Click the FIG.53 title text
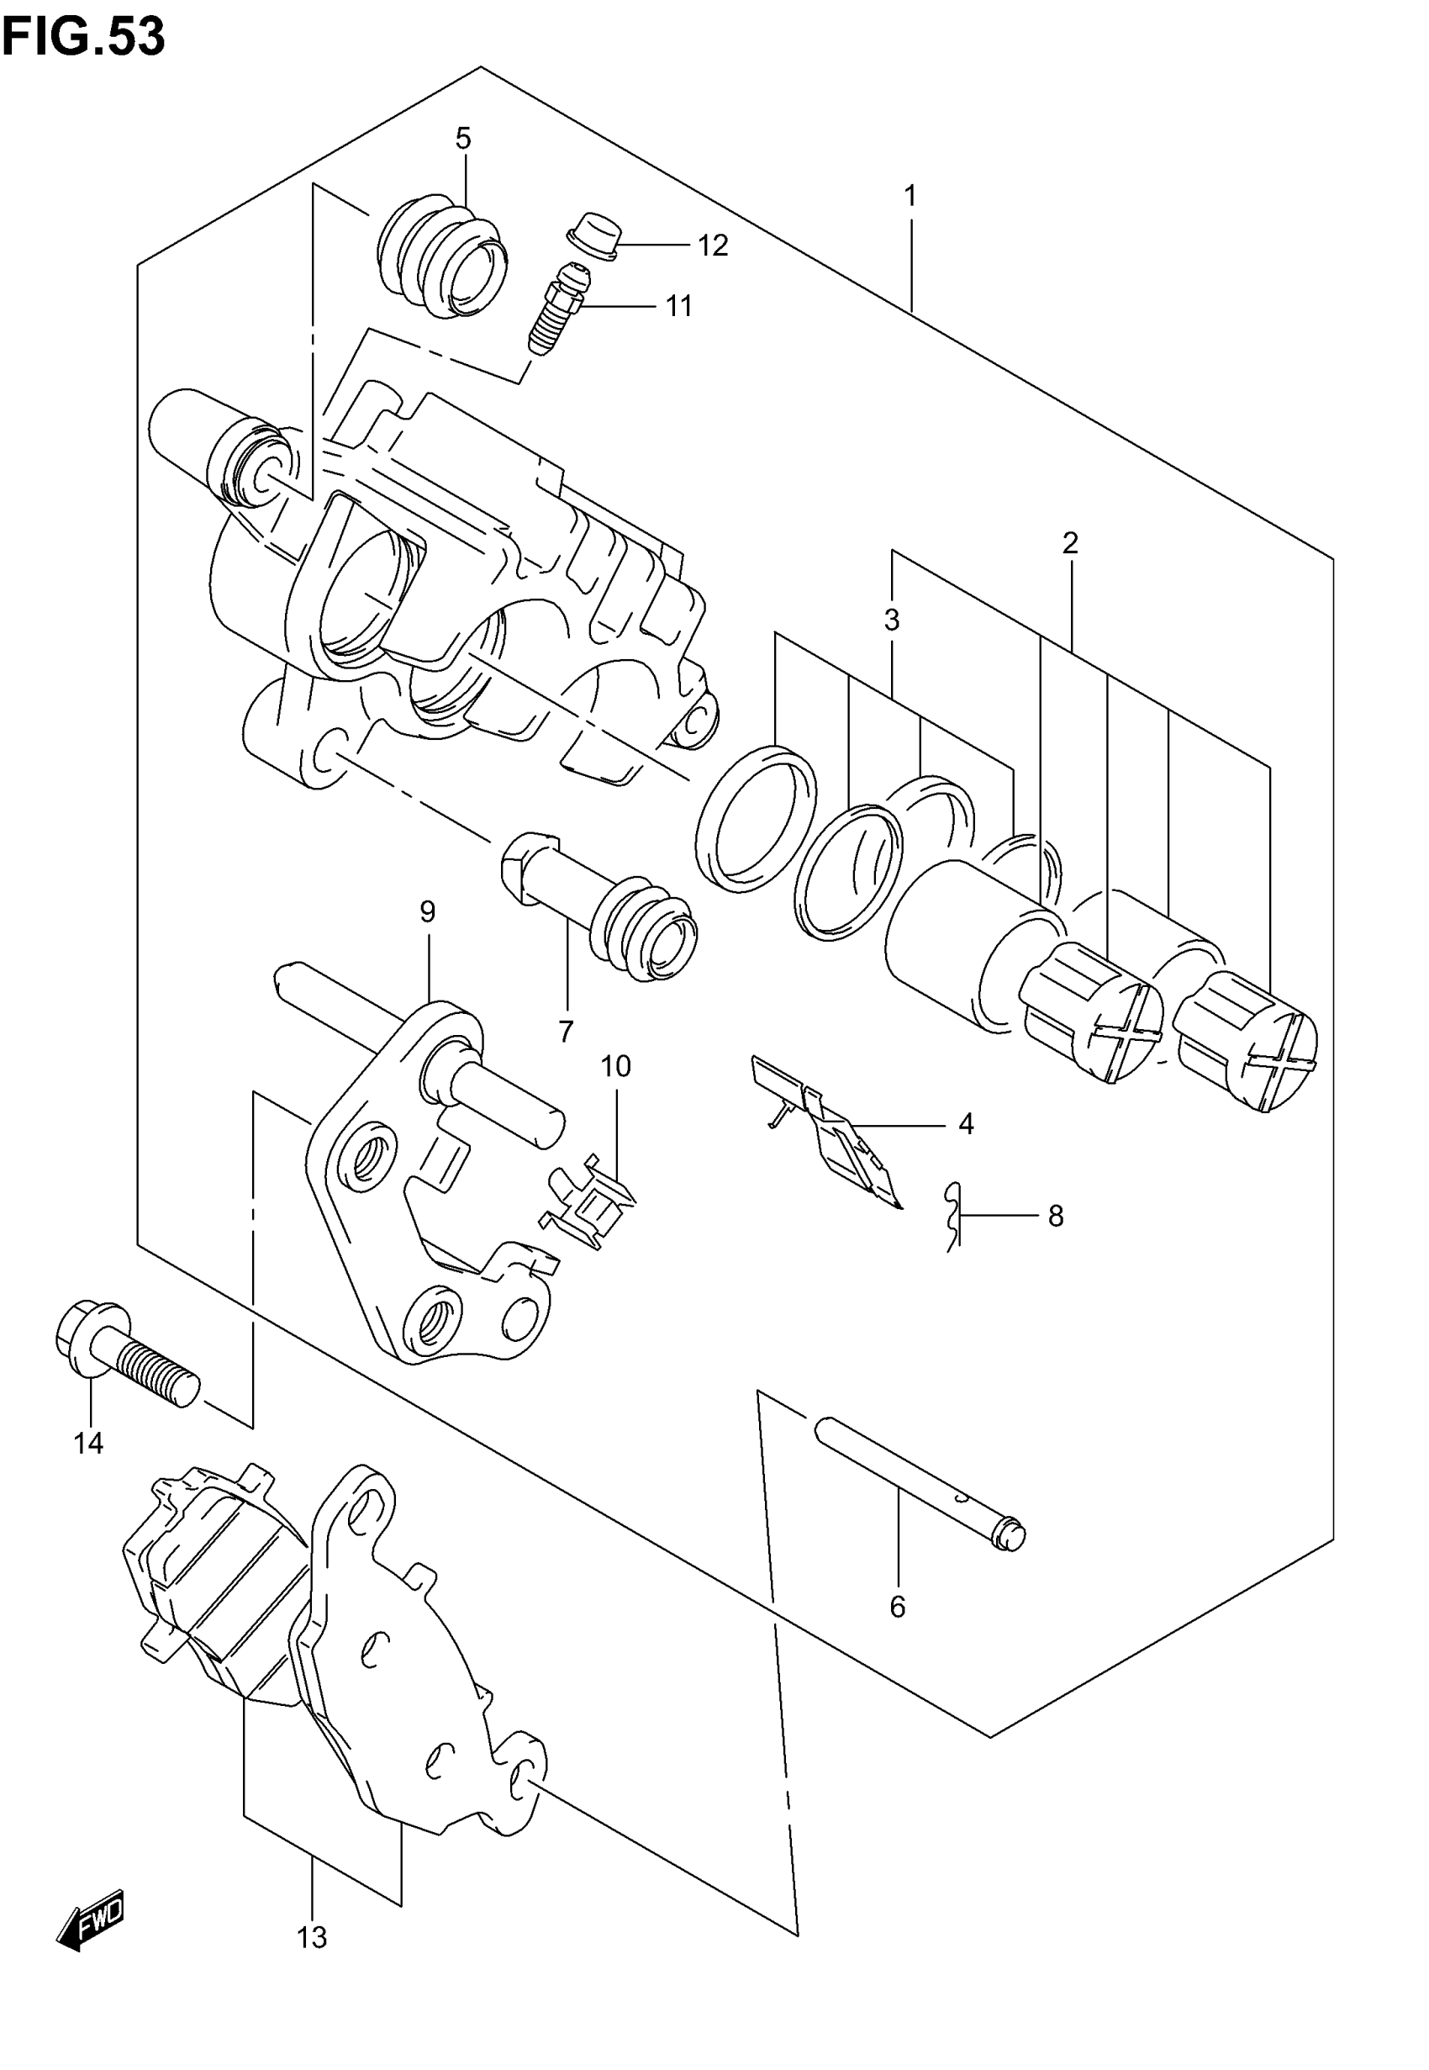(x=83, y=37)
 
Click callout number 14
(x=88, y=1444)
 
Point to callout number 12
(x=713, y=246)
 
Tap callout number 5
(x=463, y=139)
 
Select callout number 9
(x=428, y=912)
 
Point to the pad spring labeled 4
(x=828, y=1133)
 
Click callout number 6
(x=898, y=1607)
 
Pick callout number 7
(x=566, y=1032)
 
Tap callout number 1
(x=910, y=196)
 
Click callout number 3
(x=892, y=620)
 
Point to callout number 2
(x=1070, y=542)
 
